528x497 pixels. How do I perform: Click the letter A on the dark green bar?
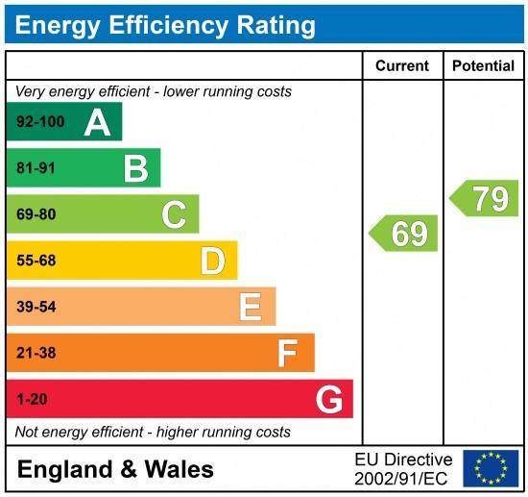pyautogui.click(x=97, y=122)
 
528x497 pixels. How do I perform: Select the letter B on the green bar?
pyautogui.click(x=135, y=168)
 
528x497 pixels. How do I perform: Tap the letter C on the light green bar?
pyautogui.click(x=174, y=214)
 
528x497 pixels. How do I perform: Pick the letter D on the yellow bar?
pyautogui.click(x=212, y=261)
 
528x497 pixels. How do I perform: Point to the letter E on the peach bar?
pyautogui.click(x=250, y=307)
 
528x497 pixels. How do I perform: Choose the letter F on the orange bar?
pyautogui.click(x=287, y=353)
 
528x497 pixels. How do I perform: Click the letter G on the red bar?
pyautogui.click(x=328, y=399)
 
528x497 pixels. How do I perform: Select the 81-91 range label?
pyautogui.click(x=37, y=168)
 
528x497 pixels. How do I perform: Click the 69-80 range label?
pyautogui.click(x=37, y=214)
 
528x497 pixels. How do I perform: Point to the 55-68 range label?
pyautogui.click(x=37, y=261)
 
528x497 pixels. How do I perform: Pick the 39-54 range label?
pyautogui.click(x=37, y=307)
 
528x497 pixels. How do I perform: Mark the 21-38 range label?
pyautogui.click(x=37, y=353)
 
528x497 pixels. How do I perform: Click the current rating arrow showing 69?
pyautogui.click(x=404, y=234)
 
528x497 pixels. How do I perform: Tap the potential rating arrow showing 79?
pyautogui.click(x=485, y=198)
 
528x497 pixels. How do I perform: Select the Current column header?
pyautogui.click(x=402, y=66)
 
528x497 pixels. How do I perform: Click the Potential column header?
pyautogui.click(x=483, y=66)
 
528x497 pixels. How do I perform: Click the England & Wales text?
pyautogui.click(x=115, y=469)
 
